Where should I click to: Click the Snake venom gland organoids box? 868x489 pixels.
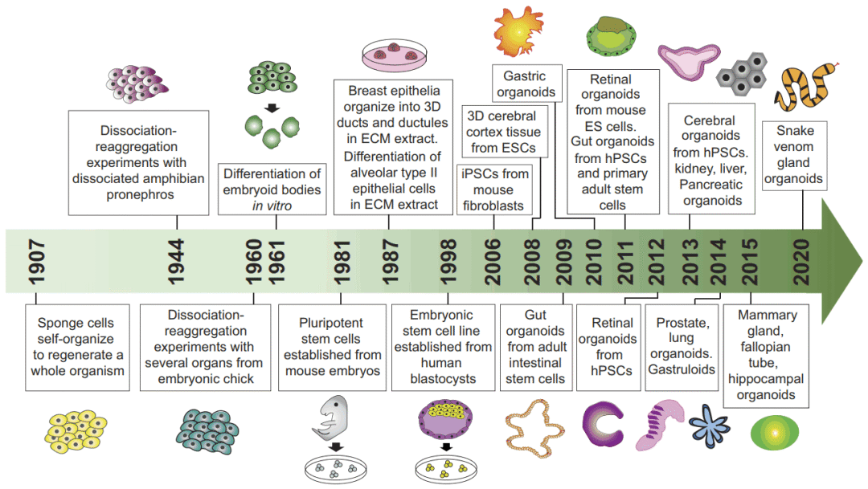(x=793, y=155)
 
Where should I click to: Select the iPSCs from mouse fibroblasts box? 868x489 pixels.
(x=493, y=189)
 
